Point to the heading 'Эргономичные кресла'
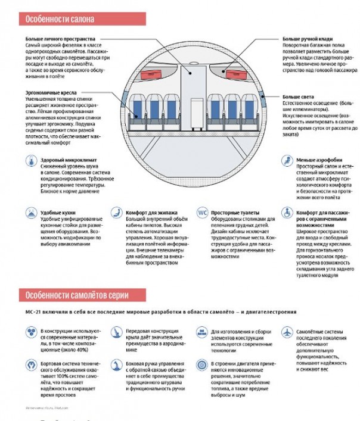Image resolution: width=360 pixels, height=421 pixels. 50,92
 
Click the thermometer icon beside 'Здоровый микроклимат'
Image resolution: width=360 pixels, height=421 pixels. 30,161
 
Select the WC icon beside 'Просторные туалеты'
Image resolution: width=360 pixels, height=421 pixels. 202,213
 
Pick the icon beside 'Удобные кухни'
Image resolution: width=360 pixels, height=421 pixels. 30,213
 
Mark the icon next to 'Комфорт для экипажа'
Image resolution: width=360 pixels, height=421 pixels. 116,213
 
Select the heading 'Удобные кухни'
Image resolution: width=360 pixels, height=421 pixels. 58,213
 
